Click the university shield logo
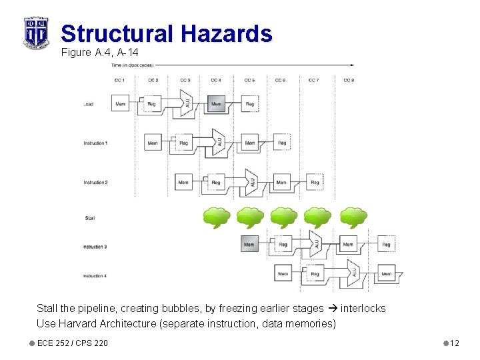click(x=36, y=32)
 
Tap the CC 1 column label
click(x=120, y=80)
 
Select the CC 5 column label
click(x=249, y=80)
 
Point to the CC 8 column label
click(x=348, y=80)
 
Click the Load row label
click(x=88, y=104)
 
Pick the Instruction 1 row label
click(x=95, y=143)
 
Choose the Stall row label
click(x=89, y=218)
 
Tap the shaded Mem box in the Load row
click(x=216, y=104)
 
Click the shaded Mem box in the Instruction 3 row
click(x=249, y=245)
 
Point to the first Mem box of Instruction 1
click(x=153, y=143)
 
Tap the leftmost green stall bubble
click(x=216, y=217)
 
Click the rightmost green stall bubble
click(x=353, y=217)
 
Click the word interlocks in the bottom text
click(x=363, y=309)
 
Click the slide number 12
click(x=455, y=343)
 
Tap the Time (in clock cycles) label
click(x=132, y=65)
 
